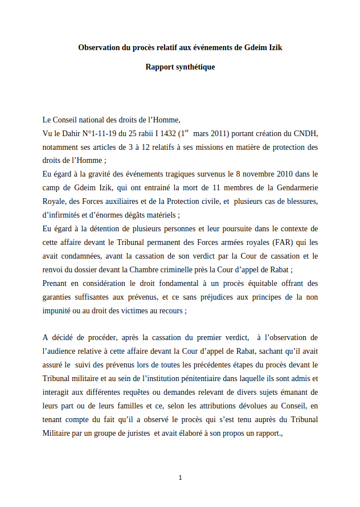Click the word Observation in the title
point(99,48)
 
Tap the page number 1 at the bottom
point(180,477)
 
